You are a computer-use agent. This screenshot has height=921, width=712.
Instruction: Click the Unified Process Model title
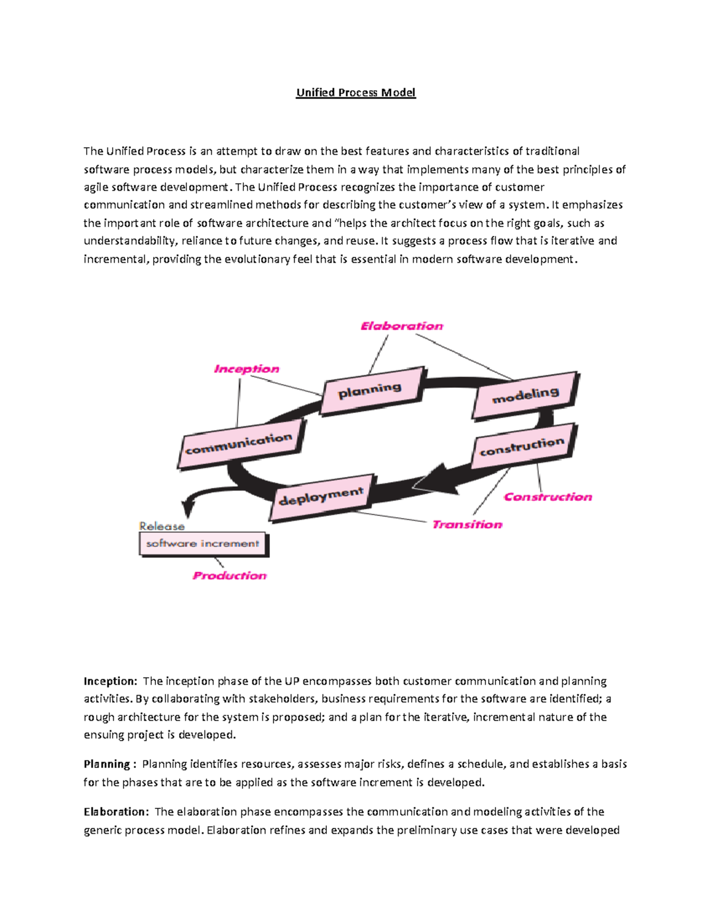point(356,93)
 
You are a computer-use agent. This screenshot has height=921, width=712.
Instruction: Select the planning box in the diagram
point(371,391)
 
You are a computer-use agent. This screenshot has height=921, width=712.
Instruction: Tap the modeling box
point(526,395)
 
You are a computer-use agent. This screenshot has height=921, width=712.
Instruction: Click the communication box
point(240,444)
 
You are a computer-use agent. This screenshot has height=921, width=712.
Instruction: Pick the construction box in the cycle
point(522,447)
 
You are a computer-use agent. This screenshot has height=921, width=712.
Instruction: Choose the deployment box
point(322,497)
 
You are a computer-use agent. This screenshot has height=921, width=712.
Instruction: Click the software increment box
point(203,543)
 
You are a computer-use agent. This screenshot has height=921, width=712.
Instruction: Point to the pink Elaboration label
point(402,326)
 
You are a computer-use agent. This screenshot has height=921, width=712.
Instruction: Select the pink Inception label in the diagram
point(246,369)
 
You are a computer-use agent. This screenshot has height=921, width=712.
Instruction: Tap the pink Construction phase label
point(548,497)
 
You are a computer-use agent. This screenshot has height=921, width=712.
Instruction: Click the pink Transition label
point(467,524)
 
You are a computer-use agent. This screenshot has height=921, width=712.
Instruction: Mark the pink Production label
point(230,575)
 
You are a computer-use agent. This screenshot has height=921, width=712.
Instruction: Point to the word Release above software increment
point(161,526)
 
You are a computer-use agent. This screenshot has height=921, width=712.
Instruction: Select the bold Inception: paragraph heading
point(110,681)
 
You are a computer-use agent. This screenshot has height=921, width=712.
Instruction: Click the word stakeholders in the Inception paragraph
point(282,699)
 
